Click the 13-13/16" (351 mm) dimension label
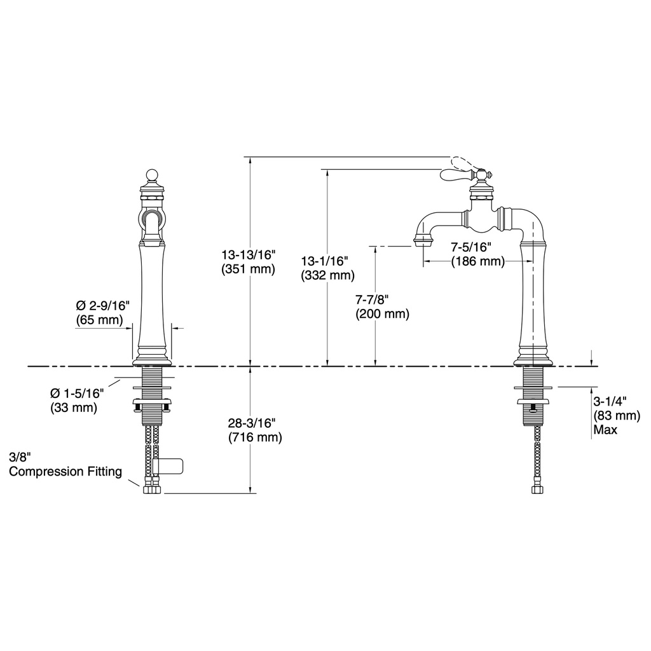coord(249,261)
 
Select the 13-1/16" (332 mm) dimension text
coord(328,268)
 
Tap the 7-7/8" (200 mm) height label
coord(382,307)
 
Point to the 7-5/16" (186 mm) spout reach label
coord(478,254)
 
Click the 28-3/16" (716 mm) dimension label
coord(255,430)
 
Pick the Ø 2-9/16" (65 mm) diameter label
coord(103,313)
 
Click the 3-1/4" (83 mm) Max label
coord(617,415)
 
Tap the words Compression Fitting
coord(65,472)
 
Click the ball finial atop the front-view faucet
coord(153,175)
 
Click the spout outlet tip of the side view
coord(424,240)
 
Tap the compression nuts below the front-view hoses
coord(152,489)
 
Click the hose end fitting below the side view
coord(537,489)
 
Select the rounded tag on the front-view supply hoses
coord(168,466)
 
